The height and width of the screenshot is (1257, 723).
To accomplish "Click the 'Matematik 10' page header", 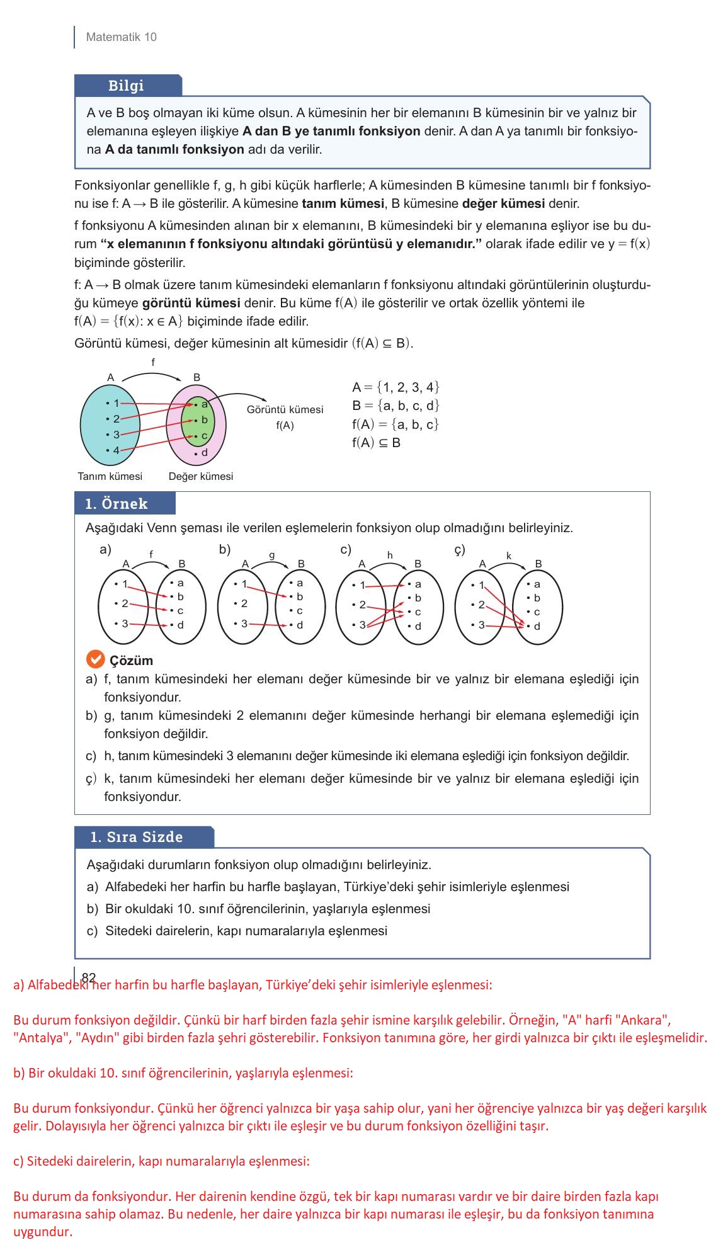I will tap(121, 37).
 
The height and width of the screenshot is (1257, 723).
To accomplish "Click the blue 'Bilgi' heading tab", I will tap(126, 86).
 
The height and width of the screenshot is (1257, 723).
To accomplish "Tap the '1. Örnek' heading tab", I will tap(117, 504).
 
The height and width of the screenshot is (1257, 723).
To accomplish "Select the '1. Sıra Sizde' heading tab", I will tap(137, 837).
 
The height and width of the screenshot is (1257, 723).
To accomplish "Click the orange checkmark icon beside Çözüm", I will tap(94, 660).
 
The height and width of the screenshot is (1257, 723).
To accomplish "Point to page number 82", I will tap(89, 977).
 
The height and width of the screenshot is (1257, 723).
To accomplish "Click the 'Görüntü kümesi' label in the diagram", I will tap(285, 410).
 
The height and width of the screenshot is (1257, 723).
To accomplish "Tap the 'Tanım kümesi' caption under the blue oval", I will tap(110, 477).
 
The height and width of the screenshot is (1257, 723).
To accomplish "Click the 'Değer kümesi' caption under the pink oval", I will tap(200, 477).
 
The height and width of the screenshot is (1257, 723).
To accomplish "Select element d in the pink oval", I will tap(203, 453).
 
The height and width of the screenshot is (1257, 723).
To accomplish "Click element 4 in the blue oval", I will tap(116, 451).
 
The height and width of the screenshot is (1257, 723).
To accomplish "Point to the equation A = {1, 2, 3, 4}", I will tap(396, 387).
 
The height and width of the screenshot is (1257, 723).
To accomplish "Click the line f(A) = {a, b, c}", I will tap(395, 424).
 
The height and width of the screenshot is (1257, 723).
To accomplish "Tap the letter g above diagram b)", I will tap(272, 555).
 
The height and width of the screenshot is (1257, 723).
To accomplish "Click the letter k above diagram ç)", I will tap(509, 555).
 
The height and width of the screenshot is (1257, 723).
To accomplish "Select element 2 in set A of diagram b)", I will tap(244, 603).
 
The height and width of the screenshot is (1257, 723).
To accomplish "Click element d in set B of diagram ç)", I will tap(537, 626).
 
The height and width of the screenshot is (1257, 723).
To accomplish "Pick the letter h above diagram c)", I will tap(390, 555).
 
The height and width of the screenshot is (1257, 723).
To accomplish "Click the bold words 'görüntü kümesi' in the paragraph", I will tap(191, 303).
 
